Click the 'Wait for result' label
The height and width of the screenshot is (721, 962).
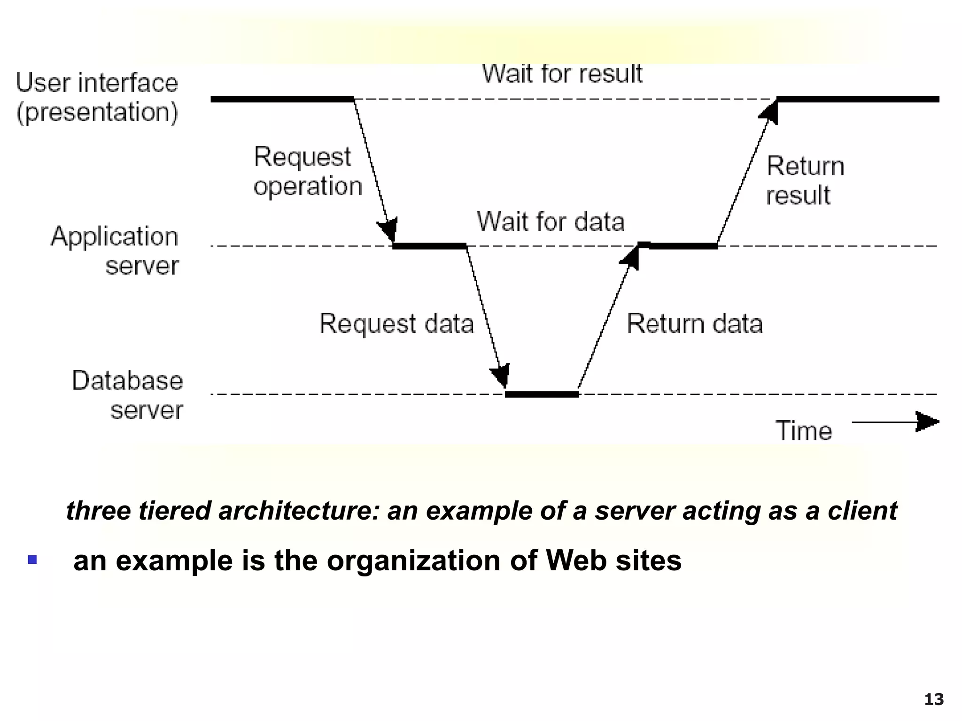click(562, 74)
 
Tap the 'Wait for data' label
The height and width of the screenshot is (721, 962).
click(551, 222)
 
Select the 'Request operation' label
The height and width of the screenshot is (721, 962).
click(307, 171)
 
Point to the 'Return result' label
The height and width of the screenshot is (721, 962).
click(805, 181)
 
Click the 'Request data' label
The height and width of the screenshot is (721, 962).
click(396, 324)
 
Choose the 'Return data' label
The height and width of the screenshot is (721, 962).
click(694, 324)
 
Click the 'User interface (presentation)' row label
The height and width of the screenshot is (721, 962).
click(97, 98)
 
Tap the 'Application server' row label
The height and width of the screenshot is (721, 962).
click(116, 250)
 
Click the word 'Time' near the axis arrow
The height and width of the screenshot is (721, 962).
click(803, 430)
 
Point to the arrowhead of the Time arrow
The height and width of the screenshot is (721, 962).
click(927, 422)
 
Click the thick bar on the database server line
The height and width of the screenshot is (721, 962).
click(542, 394)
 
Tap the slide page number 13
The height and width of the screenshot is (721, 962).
click(933, 699)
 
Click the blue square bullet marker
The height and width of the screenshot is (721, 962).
click(32, 559)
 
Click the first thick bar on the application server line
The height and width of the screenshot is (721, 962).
click(429, 246)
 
